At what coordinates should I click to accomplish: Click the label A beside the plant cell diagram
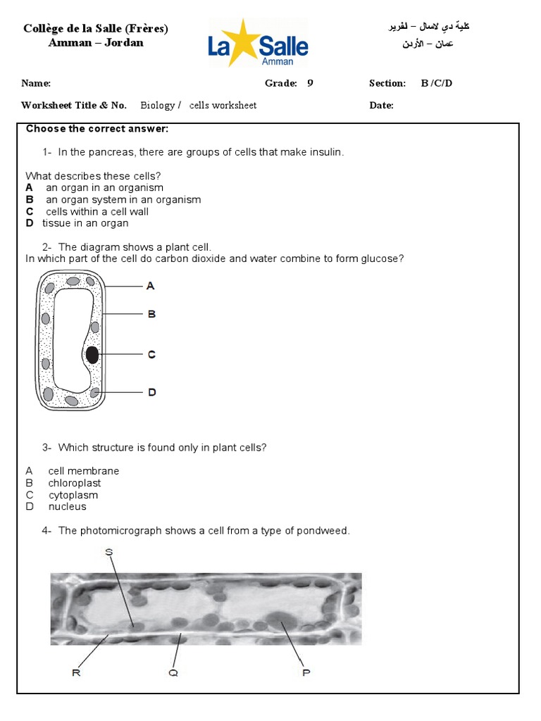tap(150, 286)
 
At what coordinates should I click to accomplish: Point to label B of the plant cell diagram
tap(151, 314)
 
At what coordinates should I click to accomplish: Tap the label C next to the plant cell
tap(151, 355)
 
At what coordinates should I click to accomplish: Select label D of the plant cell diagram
tap(151, 392)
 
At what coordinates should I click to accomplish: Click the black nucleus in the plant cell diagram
tap(92, 356)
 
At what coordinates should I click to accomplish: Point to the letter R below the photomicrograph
tap(76, 673)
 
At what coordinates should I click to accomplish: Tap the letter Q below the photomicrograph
tap(173, 673)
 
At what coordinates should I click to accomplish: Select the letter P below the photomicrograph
tap(306, 673)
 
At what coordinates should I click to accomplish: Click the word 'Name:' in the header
tap(36, 84)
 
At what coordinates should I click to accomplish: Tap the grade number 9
tap(310, 84)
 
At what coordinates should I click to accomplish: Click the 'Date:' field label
tap(381, 106)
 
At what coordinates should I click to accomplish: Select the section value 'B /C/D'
tap(437, 84)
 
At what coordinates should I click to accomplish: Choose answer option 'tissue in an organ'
tap(85, 223)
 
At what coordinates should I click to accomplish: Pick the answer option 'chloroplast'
tap(75, 483)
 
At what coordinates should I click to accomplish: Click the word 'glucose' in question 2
tap(383, 258)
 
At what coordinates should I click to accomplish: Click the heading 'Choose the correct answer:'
tap(97, 129)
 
